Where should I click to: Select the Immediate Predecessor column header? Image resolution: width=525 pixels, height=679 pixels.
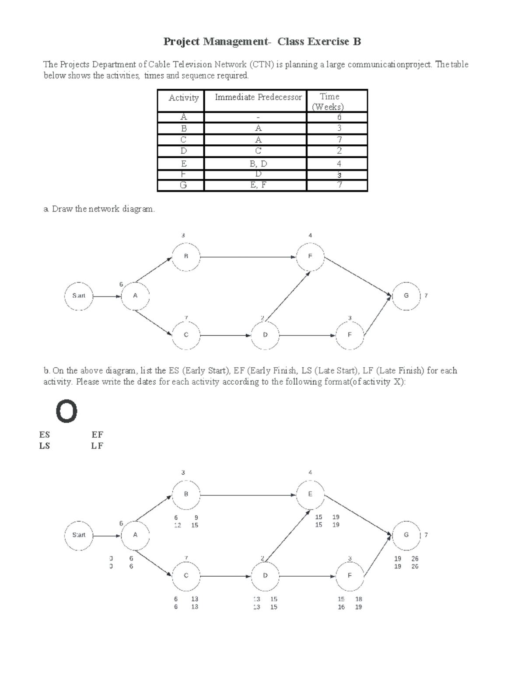click(x=258, y=97)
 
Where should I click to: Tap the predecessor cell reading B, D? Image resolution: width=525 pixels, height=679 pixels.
click(x=258, y=164)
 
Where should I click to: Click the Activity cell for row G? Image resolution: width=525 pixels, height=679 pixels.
click(x=183, y=185)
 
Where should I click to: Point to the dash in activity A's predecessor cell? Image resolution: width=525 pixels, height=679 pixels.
click(x=258, y=117)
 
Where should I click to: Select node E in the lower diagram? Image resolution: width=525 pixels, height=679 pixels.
click(x=310, y=494)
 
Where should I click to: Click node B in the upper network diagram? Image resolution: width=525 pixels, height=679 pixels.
click(x=186, y=257)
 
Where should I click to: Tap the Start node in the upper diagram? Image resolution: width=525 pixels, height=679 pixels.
click(x=79, y=296)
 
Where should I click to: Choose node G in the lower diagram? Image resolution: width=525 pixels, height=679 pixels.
click(x=406, y=535)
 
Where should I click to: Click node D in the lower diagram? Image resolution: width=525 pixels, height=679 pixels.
click(x=265, y=576)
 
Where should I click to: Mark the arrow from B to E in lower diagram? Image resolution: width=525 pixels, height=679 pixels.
click(x=248, y=495)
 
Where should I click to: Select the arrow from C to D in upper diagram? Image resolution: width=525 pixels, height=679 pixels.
click(x=225, y=336)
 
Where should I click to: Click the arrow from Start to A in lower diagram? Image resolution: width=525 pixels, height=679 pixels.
click(x=107, y=536)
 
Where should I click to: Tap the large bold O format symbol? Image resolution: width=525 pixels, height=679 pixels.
click(x=66, y=412)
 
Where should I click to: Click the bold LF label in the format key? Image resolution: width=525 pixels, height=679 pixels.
click(x=97, y=446)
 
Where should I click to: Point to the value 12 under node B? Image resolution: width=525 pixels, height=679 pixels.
click(x=177, y=525)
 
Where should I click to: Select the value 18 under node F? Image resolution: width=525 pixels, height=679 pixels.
click(x=358, y=599)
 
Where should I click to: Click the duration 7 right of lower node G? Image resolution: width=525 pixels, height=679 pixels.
click(x=426, y=535)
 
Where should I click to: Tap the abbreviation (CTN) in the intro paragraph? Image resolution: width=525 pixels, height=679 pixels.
click(x=262, y=65)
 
